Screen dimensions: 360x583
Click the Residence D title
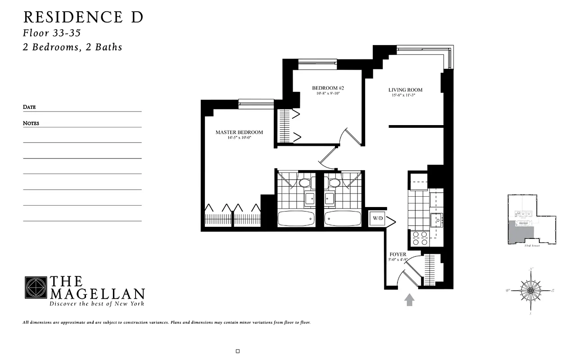pos(83,17)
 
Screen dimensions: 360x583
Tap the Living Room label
pos(405,90)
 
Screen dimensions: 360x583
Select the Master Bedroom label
pos(239,132)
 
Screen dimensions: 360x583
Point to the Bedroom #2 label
pos(328,88)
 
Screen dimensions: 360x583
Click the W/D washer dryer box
pos(377,219)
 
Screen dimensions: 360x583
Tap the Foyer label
pos(398,254)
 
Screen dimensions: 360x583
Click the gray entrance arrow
pos(409,300)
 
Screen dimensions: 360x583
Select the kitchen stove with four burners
pos(420,238)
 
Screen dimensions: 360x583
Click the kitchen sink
pos(436,220)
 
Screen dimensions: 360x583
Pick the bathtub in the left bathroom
pos(296,219)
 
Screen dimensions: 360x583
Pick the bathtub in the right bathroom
pos(342,219)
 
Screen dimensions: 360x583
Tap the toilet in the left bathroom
pos(305,183)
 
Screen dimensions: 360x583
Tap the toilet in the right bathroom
pos(334,183)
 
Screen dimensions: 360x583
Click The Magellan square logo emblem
pos(36,288)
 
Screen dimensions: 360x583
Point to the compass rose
pos(530,290)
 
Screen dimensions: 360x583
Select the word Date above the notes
pos(29,107)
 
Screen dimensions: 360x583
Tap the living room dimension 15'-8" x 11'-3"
pos(402,95)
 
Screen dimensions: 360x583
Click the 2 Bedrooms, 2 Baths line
pos(72,47)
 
